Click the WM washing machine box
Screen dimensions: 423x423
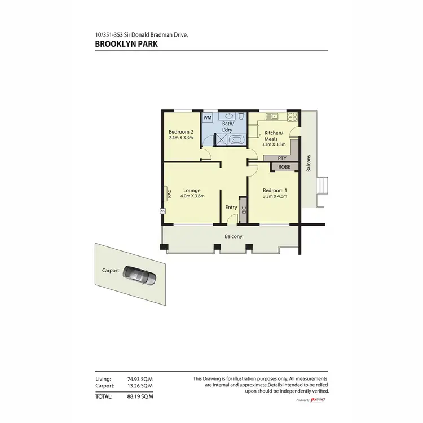click(x=208, y=117)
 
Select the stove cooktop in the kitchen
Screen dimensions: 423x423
click(x=292, y=117)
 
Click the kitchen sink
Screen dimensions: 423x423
click(x=268, y=117)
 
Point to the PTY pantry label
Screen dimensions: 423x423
click(x=282, y=158)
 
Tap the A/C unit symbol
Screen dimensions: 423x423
click(x=162, y=211)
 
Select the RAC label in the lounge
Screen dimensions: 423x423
click(x=169, y=193)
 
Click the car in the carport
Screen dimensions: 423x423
click(x=139, y=275)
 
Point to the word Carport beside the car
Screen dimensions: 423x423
click(x=111, y=271)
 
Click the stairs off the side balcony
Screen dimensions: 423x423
click(x=323, y=185)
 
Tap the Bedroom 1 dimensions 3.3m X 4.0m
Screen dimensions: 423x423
click(x=275, y=197)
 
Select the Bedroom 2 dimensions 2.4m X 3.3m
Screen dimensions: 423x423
click(x=180, y=138)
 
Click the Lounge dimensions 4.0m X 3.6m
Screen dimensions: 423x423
click(x=192, y=196)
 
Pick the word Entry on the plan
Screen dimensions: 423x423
click(x=231, y=208)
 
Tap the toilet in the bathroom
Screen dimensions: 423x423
click(x=241, y=117)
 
